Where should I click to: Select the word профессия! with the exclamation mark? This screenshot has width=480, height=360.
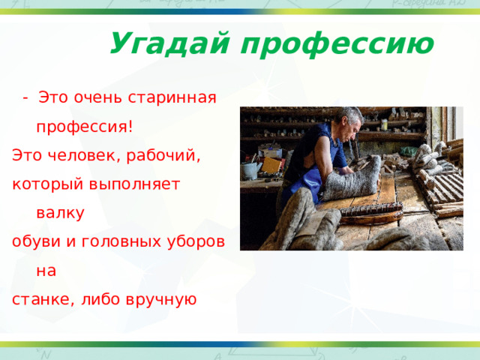(x=85, y=126)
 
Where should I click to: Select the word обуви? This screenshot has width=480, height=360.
(x=34, y=242)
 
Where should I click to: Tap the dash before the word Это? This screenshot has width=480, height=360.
(x=25, y=97)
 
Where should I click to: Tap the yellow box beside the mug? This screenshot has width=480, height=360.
(x=271, y=165)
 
